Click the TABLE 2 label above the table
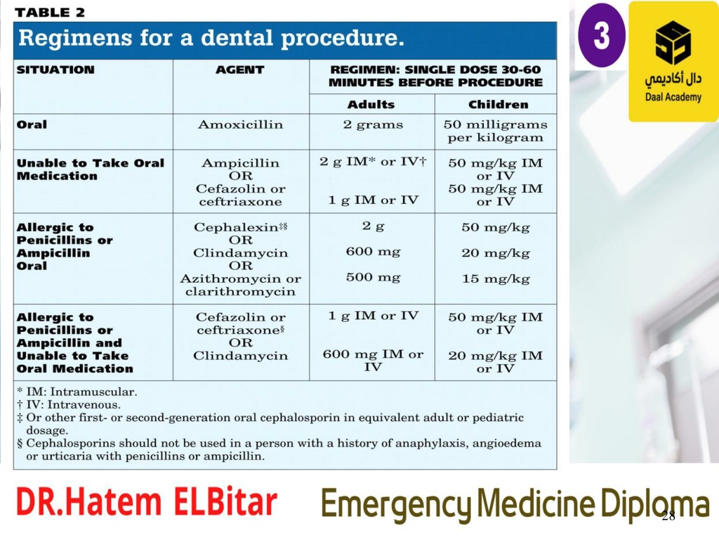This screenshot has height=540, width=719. pos(50,13)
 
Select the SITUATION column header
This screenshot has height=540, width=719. pos(55,70)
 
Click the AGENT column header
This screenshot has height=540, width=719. pos(240,70)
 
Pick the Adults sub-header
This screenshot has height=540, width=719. pos(371,105)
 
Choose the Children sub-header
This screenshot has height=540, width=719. pos(498,105)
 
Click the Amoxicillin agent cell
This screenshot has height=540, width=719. pos(240,124)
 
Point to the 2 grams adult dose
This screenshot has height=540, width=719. pos(374,125)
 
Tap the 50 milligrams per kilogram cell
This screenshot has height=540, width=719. pos(495,131)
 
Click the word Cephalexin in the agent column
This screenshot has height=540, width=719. pos(236,227)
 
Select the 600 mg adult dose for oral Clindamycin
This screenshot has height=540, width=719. pos(374,252)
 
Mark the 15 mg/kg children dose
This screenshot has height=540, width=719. pos(496,278)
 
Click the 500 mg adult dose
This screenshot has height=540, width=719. pos(374,277)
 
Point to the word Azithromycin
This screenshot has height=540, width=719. pos(231,279)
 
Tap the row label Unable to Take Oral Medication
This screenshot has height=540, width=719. pos(91,169)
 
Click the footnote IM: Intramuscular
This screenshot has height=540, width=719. pos(77,392)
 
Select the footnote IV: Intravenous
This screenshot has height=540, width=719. pos(69,404)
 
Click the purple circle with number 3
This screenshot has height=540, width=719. pos(602,36)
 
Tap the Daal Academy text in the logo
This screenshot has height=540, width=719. pos(673,97)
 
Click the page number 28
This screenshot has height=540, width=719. pos(668,515)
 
